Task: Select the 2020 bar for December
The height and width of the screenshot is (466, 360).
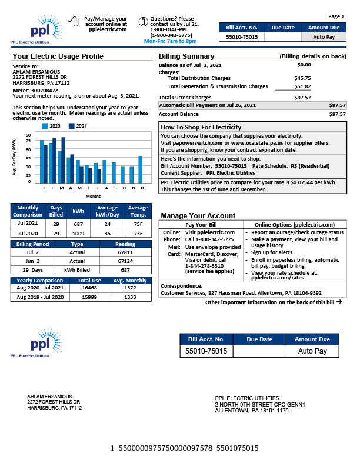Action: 141,169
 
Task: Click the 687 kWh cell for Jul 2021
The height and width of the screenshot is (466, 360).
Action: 78,224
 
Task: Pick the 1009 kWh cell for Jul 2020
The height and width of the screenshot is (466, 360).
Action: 78,234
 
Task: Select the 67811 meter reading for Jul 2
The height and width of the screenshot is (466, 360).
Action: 125,251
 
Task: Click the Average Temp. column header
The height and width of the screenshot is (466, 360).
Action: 138,211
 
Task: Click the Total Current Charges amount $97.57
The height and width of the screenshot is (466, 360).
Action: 303,98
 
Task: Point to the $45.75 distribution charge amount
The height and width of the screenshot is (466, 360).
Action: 303,78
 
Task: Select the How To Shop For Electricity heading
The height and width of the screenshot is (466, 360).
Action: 201,127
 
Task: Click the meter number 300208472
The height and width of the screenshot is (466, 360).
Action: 44,91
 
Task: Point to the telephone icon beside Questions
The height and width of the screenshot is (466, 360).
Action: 142,22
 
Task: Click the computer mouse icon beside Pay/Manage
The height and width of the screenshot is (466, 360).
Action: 74,22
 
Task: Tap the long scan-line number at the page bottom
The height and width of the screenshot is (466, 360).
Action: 185,448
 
